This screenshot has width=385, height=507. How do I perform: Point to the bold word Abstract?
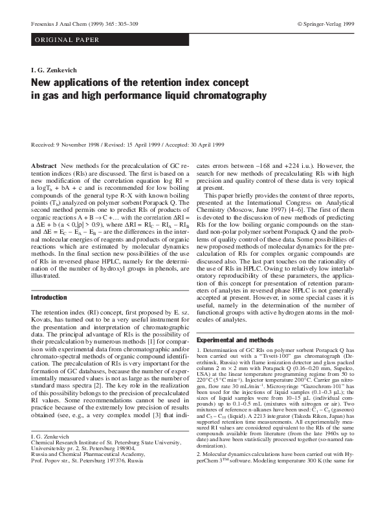[x=43, y=167]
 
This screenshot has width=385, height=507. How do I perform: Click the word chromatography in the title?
[x=226, y=96]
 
